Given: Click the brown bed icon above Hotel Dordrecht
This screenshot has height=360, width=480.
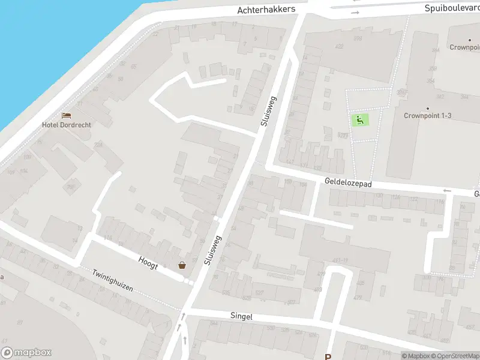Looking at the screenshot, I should coord(66,115).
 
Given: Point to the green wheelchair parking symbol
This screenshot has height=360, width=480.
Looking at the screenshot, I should coord(360,119).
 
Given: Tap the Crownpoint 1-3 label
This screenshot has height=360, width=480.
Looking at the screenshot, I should coord(427,115).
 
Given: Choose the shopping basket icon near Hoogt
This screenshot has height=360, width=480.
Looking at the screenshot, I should coord(182,265).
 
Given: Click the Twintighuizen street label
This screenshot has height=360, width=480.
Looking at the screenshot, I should coord(112,280).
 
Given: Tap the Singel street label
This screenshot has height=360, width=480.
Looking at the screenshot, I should coord(241,316).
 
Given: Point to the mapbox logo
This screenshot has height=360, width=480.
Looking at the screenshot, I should coord(26,353).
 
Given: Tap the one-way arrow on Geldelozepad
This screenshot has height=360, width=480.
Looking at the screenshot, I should coord(446,191).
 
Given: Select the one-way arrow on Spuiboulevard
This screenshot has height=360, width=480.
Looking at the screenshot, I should coord(355,12).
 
